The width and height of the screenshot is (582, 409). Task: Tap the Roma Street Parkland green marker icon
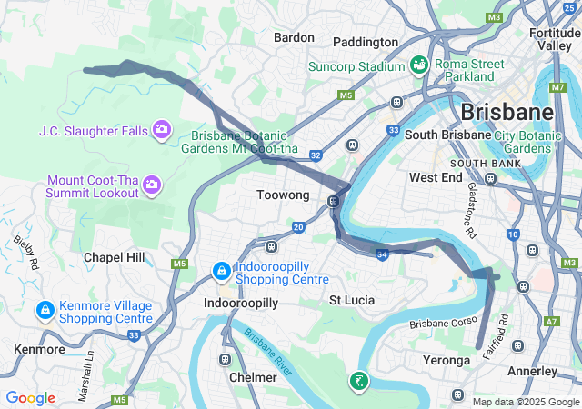tap(419, 65)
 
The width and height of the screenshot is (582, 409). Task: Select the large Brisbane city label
tap(507, 113)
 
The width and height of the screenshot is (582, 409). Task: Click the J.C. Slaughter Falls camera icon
tap(162, 130)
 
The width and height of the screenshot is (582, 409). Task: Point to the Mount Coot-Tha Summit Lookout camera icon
tap(152, 185)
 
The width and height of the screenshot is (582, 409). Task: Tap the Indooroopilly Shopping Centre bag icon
tap(221, 270)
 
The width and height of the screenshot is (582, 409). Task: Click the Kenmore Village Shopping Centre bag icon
tap(44, 311)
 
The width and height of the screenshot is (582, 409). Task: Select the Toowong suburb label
tap(283, 195)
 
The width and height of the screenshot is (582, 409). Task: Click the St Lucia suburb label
tap(352, 300)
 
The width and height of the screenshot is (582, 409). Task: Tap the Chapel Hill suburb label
tap(114, 257)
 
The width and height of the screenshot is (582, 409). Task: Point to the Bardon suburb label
tap(294, 37)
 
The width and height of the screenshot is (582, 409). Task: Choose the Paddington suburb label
tap(366, 42)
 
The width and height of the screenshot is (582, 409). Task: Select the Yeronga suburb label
tap(447, 361)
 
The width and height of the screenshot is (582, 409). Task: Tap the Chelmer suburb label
tap(254, 377)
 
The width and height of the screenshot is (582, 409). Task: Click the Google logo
tap(30, 398)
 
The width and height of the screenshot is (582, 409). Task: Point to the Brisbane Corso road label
tap(442, 324)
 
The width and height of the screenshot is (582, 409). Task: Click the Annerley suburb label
tap(532, 371)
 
